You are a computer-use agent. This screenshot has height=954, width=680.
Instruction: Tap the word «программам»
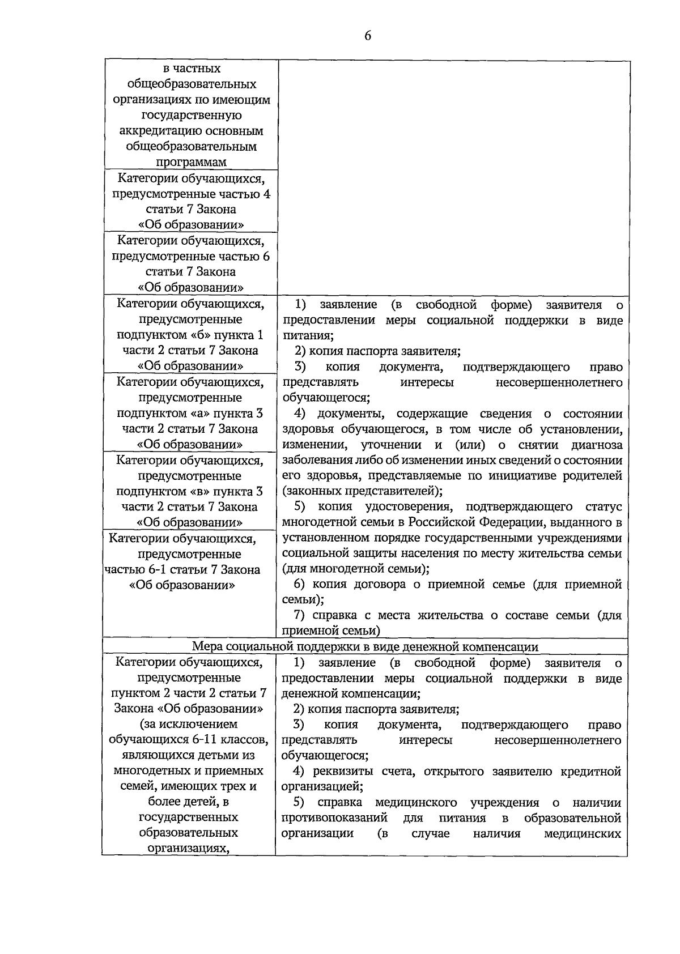[191, 162]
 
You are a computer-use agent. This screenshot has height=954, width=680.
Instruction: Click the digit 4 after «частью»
[266, 194]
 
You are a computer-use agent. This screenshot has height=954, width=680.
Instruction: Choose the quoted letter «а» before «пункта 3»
[199, 413]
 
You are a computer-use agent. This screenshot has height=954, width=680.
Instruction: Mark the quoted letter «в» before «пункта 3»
[199, 491]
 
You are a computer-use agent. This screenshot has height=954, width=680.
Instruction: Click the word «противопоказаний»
[334, 818]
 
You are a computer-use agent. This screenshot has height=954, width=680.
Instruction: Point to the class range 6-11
[192, 739]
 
